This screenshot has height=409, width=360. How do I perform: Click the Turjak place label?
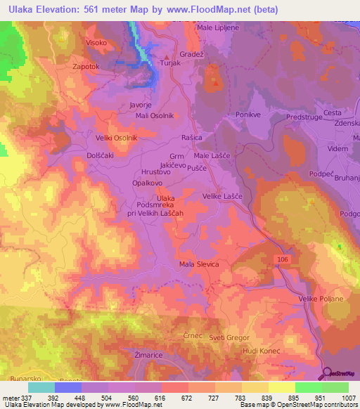(x=172, y=63)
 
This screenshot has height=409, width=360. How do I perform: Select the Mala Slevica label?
(x=200, y=264)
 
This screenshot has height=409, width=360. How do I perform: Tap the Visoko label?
(x=96, y=42)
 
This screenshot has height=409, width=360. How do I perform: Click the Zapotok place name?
(x=88, y=67)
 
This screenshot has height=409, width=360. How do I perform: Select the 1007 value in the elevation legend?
(x=345, y=396)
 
